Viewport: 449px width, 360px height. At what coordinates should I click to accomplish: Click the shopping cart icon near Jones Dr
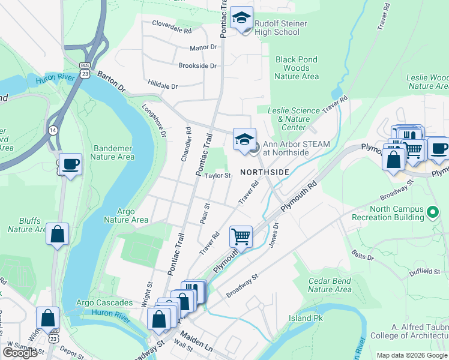point(241,236)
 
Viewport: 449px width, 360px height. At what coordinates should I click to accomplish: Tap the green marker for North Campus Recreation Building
point(431,212)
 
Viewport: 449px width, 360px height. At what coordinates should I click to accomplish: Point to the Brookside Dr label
point(197,66)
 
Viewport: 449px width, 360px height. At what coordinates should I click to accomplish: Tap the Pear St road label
point(207,214)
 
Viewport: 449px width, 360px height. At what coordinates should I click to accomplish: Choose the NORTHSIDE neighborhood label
point(265,172)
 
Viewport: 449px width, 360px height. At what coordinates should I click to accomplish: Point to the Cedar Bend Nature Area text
point(330,285)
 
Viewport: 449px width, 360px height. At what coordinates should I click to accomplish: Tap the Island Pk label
point(309,318)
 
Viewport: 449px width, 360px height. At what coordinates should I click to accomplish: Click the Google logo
point(20,352)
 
